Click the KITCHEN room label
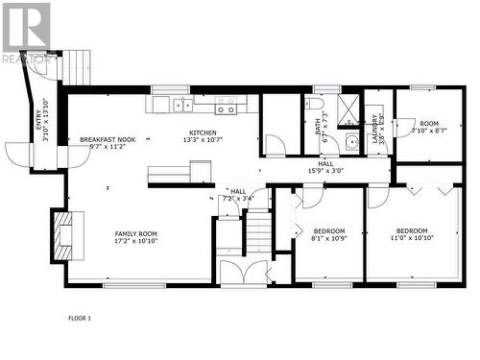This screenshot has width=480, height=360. (x=203, y=133)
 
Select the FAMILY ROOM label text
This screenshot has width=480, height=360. (x=135, y=233)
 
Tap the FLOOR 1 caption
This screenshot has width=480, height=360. (x=80, y=317)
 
